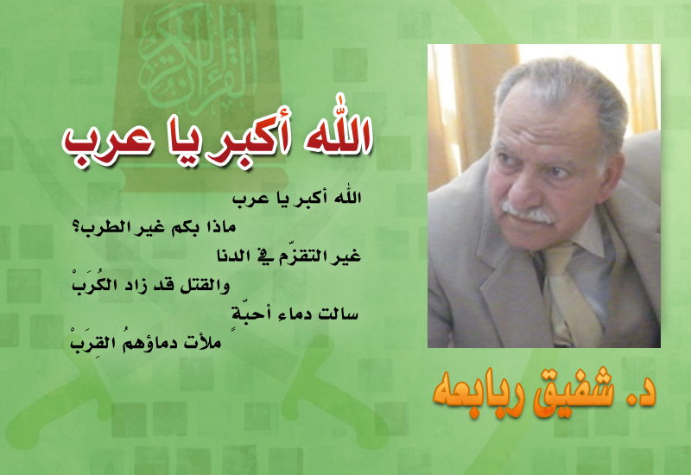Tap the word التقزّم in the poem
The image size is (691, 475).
(301, 256)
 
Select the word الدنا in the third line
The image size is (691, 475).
(233, 256)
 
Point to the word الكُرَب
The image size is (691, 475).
(89, 283)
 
